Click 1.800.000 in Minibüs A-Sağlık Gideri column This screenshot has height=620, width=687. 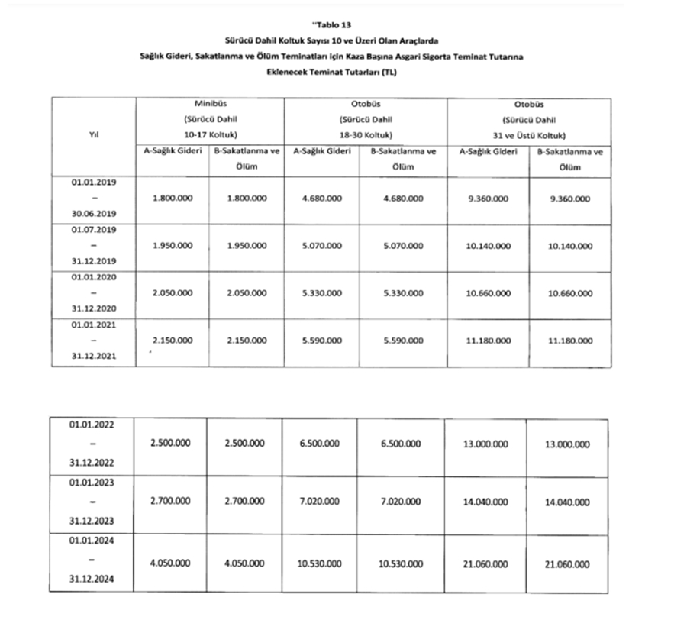coord(172,199)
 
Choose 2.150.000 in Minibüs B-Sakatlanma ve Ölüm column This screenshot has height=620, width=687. coord(247,340)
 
